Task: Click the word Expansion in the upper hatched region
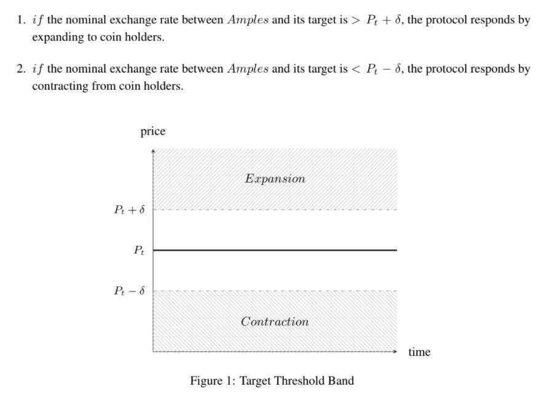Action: coord(275,179)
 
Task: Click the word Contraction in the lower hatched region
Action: coord(275,321)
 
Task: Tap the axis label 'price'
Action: coord(153,132)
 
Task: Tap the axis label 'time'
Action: coord(419,352)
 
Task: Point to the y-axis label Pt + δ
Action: coord(129,210)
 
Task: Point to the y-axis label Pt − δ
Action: coord(129,291)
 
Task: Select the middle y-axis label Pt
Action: coord(139,250)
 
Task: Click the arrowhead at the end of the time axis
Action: coord(395,352)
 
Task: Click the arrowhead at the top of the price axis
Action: coord(153,151)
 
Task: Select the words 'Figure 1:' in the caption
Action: coord(213,381)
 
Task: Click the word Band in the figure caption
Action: coord(341,381)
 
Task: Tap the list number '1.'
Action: coord(21,20)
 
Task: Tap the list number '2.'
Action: coord(21,69)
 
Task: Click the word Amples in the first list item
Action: coord(248,20)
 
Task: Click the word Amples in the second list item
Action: coord(248,69)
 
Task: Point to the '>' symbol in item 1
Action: coord(356,20)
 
